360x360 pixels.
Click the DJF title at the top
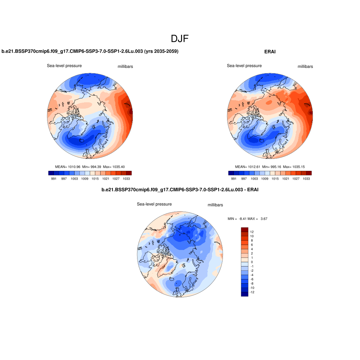180,39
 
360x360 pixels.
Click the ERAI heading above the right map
270,52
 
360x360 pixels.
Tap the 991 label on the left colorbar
54,179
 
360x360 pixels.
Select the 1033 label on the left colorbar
126,179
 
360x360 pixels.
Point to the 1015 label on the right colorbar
275,179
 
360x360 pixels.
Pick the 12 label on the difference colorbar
252,232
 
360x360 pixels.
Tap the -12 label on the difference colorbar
252,292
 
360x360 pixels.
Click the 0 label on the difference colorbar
252,262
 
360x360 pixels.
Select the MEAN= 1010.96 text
67,166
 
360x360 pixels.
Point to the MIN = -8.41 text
237,219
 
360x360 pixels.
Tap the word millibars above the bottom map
215,205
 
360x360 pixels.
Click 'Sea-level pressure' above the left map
64,66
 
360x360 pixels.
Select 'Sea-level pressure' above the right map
244,66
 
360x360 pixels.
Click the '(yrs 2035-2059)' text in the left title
161,51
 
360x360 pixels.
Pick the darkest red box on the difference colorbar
245,230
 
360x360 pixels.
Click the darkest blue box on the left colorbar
51,173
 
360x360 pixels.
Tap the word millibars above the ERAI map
305,66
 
